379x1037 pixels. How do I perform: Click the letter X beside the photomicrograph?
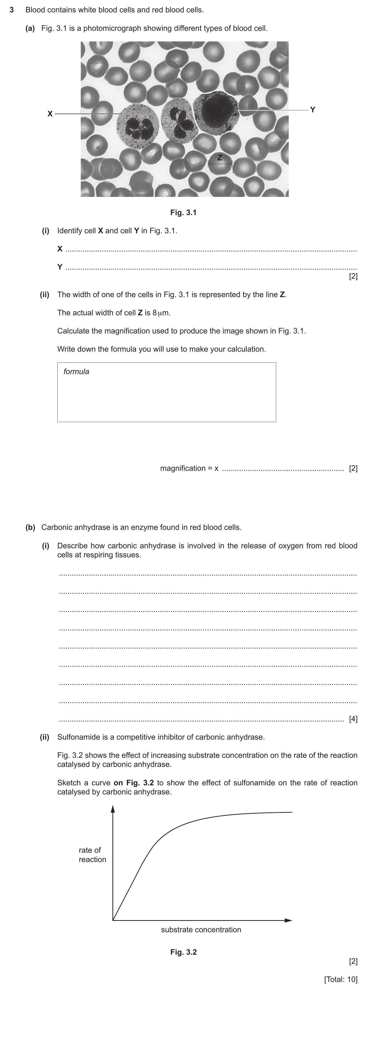tap(50, 114)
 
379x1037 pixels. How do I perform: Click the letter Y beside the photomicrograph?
tap(313, 110)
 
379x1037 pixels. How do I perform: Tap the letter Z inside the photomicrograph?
tap(220, 158)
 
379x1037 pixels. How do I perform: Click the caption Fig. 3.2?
tap(183, 952)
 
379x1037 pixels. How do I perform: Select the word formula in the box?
tap(76, 372)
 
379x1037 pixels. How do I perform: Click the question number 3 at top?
tap(12, 10)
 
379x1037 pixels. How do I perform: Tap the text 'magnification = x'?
tap(189, 468)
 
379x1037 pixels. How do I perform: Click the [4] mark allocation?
tap(353, 719)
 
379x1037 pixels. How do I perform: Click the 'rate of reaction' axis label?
tap(92, 855)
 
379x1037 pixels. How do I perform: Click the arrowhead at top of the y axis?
tap(113, 809)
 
